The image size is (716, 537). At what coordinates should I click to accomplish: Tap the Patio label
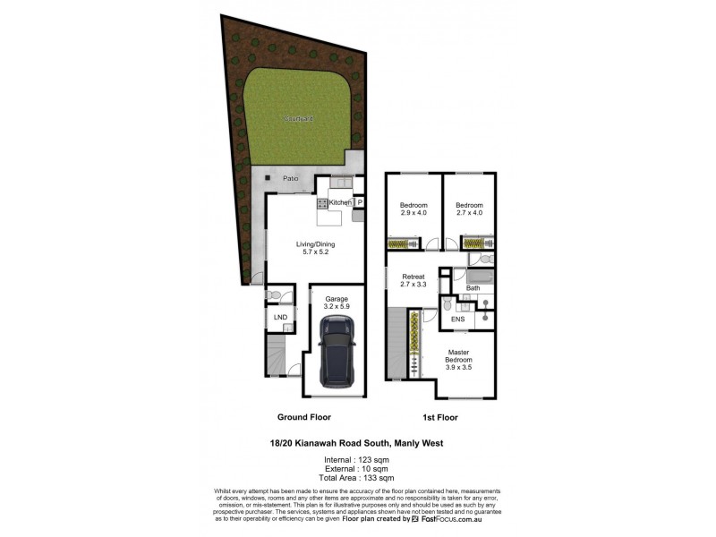(290, 179)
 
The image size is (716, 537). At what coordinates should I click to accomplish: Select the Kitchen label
(340, 203)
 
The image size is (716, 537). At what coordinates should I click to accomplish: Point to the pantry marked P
(360, 203)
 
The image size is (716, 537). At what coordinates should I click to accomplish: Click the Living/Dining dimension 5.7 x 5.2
(310, 251)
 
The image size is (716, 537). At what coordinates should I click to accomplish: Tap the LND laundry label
(280, 317)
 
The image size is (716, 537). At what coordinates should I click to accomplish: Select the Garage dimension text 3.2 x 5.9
(337, 307)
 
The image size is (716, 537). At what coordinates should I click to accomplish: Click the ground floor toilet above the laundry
(277, 293)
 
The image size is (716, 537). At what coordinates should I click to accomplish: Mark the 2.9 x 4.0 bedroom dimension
(413, 213)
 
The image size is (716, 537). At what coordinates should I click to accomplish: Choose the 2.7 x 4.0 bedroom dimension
(469, 213)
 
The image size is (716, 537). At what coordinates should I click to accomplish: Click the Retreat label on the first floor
(413, 277)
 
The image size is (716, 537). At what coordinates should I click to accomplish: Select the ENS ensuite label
(457, 318)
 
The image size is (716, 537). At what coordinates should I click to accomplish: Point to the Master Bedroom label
(464, 358)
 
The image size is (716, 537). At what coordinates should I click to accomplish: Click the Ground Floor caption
(303, 417)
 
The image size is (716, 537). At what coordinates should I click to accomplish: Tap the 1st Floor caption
(439, 417)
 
